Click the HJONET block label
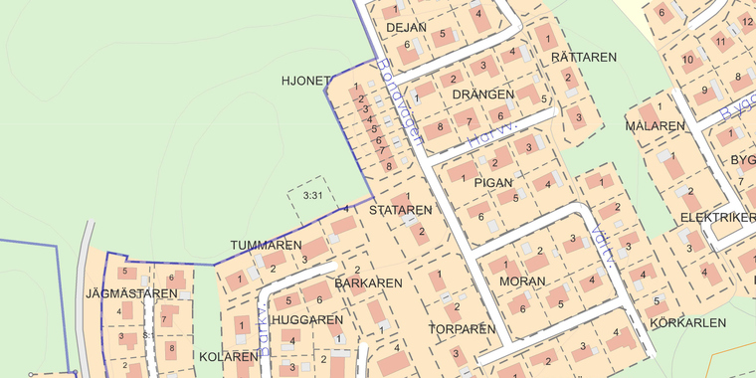(x=305, y=81)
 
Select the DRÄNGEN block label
(x=482, y=94)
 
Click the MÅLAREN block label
(x=656, y=126)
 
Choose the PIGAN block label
(x=493, y=183)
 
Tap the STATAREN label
(x=400, y=211)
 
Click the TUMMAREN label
(x=266, y=245)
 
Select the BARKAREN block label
(x=368, y=283)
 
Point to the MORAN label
(x=523, y=283)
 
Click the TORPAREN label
(x=462, y=328)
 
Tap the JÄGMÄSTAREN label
(x=124, y=293)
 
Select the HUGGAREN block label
(x=306, y=320)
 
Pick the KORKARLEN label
(x=687, y=323)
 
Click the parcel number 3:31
(x=312, y=196)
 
